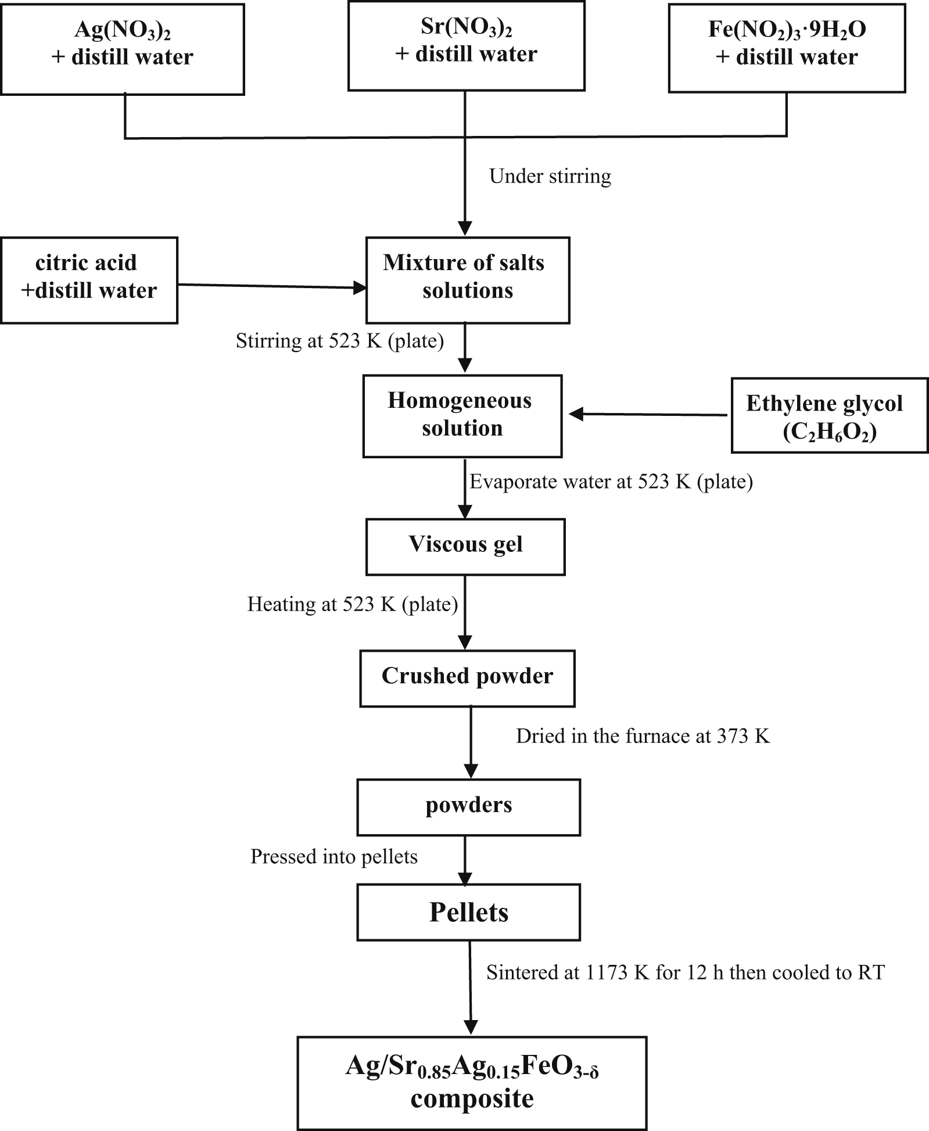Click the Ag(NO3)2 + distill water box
coord(122,49)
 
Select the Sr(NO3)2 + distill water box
coord(466,46)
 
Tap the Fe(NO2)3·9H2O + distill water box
coord(787,48)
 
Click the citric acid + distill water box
coord(89,280)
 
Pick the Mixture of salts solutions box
coord(467,280)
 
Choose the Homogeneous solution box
coord(462,416)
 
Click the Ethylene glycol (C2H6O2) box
coord(829,416)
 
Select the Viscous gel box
coord(465,547)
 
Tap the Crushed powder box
coord(467,678)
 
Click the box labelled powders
coord(468,807)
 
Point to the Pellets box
coord(468,912)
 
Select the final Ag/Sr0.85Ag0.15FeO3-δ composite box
coord(472,1083)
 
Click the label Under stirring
coord(550,177)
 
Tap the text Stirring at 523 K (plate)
coord(340,341)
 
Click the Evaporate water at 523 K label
coord(611,482)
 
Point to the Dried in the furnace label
coord(643,737)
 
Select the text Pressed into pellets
coord(334,857)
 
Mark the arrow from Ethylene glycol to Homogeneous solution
coord(648,415)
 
